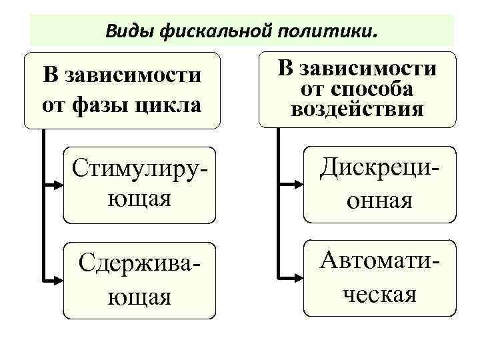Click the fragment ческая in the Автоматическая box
[x=379, y=294]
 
